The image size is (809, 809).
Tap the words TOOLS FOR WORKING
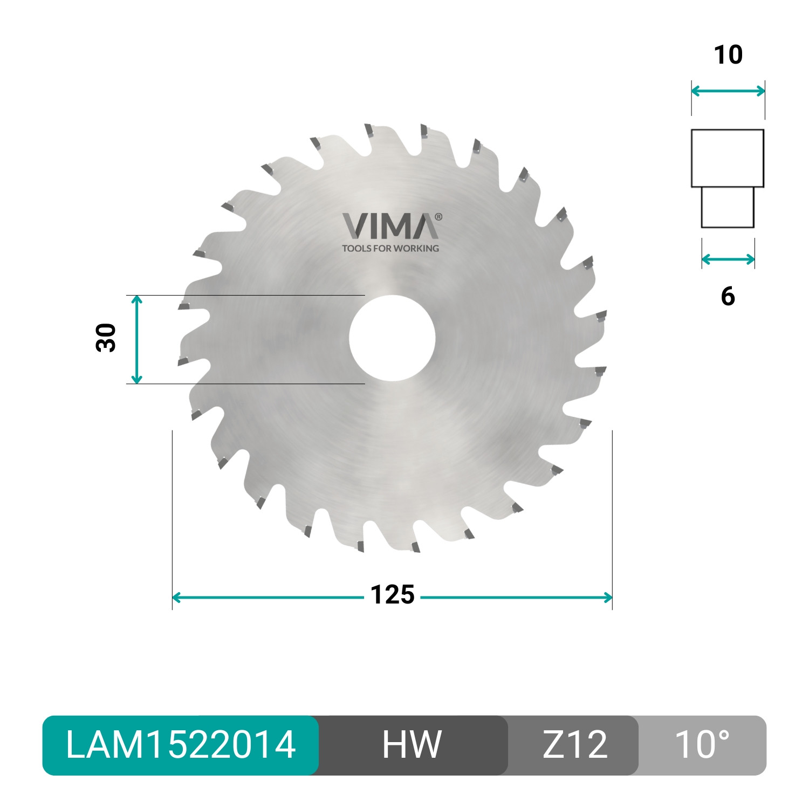390,249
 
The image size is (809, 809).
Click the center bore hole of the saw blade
392,338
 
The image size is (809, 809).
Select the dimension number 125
392,595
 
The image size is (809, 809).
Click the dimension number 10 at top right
728,55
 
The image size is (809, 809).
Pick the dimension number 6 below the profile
728,297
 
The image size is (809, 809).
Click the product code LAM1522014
180,745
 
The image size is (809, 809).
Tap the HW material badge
412,745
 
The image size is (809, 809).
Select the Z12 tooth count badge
574,745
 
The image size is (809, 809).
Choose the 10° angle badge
702,745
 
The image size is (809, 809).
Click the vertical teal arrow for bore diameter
137,339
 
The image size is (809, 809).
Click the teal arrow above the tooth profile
728,91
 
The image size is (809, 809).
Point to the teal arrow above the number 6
728,260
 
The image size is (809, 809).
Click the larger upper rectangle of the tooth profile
728,158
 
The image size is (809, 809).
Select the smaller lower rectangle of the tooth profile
728,207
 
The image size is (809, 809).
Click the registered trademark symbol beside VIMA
438,217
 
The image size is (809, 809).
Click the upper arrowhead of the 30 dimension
137,300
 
